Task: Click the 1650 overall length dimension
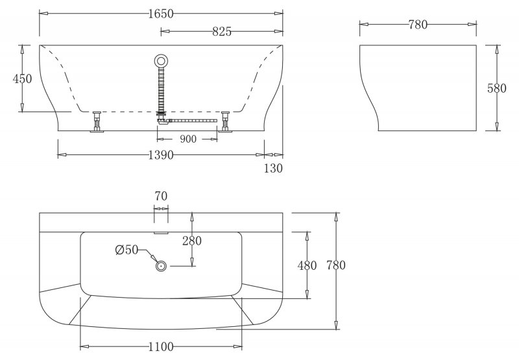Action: [x=161, y=14]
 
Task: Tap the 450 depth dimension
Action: [x=22, y=79]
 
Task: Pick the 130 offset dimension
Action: [x=274, y=169]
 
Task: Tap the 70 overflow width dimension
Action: [x=162, y=195]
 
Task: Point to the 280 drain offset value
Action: [x=191, y=241]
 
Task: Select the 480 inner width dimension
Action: [x=307, y=265]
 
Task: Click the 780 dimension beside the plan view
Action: [x=335, y=265]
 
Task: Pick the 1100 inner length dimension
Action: [x=161, y=346]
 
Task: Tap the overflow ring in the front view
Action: [x=161, y=62]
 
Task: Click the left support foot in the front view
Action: [x=97, y=122]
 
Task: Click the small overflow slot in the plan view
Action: [x=161, y=230]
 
